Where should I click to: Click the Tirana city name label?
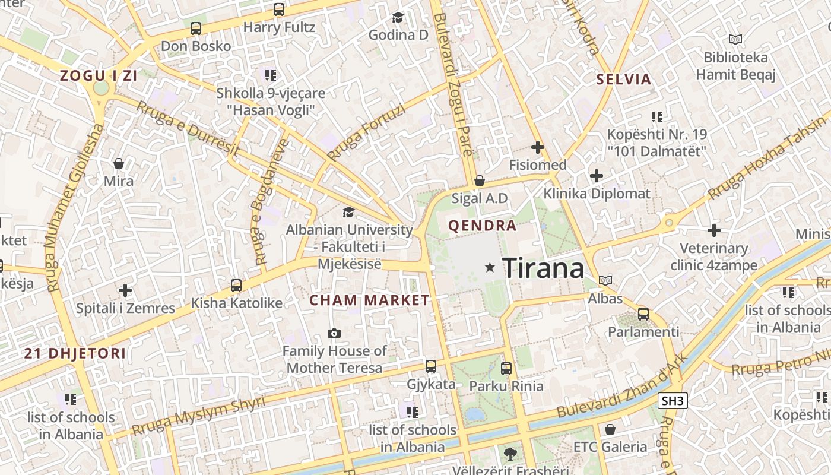point(543,268)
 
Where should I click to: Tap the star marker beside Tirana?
point(490,268)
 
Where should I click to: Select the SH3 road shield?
point(673,401)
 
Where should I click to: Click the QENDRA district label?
point(482,226)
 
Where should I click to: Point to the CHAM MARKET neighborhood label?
point(369,300)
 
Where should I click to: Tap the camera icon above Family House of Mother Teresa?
point(334,334)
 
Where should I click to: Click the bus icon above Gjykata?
point(431,366)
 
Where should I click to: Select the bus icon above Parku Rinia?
point(506,369)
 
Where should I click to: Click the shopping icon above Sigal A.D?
point(480,180)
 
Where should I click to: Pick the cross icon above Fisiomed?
point(538,147)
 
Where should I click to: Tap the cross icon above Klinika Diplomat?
point(597,176)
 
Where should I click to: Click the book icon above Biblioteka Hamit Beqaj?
point(735,40)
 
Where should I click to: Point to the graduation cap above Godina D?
point(398,18)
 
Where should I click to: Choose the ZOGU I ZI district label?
point(99,75)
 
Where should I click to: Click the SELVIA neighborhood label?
point(624,79)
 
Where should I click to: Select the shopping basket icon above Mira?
point(119,163)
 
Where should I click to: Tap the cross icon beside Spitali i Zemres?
point(125,290)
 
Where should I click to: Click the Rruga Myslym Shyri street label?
point(199,416)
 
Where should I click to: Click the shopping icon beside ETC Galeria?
point(610,429)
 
